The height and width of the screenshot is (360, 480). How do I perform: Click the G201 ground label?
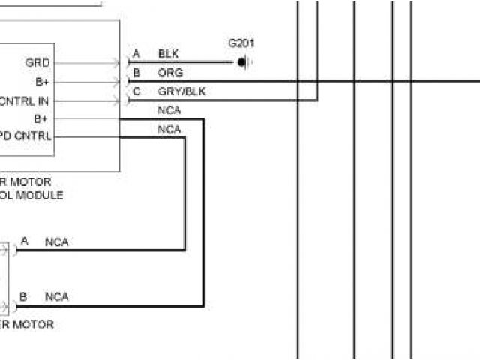click(x=241, y=43)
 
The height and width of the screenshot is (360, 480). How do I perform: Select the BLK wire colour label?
click(x=169, y=55)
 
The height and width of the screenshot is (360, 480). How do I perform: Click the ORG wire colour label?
click(x=170, y=73)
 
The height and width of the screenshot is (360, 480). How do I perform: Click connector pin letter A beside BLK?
click(x=136, y=55)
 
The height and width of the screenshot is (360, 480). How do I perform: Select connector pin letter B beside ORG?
click(x=136, y=73)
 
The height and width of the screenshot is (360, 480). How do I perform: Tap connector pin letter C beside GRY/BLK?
click(x=136, y=91)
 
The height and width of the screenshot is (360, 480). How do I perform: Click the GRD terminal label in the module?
click(x=37, y=63)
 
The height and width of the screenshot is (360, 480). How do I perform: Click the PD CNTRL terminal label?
click(x=25, y=136)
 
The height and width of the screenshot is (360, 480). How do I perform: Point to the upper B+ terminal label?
click(x=42, y=82)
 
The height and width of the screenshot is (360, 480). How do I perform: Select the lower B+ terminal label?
click(x=42, y=118)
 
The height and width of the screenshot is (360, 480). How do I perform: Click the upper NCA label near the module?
click(x=169, y=111)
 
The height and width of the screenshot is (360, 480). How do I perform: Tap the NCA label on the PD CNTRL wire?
click(x=169, y=130)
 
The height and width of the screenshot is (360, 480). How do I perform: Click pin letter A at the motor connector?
click(x=25, y=241)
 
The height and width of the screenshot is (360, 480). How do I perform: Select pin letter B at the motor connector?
click(x=24, y=297)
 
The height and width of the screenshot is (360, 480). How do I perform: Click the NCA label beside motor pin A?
click(x=57, y=241)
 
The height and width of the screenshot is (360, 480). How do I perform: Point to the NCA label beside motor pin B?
click(x=57, y=297)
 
